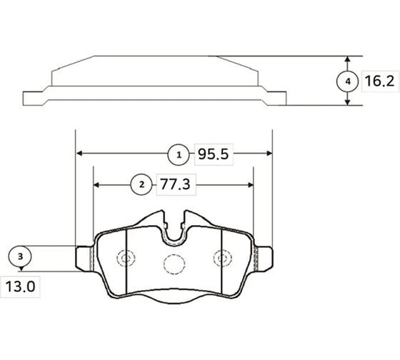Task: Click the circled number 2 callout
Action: pos(141,184)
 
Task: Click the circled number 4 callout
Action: pos(348,81)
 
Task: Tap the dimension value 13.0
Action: pos(22,290)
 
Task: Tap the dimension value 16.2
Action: pos(379,81)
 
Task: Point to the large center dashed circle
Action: pos(174,264)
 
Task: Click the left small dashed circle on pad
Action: pos(126,259)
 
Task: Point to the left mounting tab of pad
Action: pos(84,258)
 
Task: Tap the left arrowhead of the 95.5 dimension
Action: pos(79,153)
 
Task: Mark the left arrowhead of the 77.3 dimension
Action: pos(97,184)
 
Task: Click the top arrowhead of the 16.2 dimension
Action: pos(348,59)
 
